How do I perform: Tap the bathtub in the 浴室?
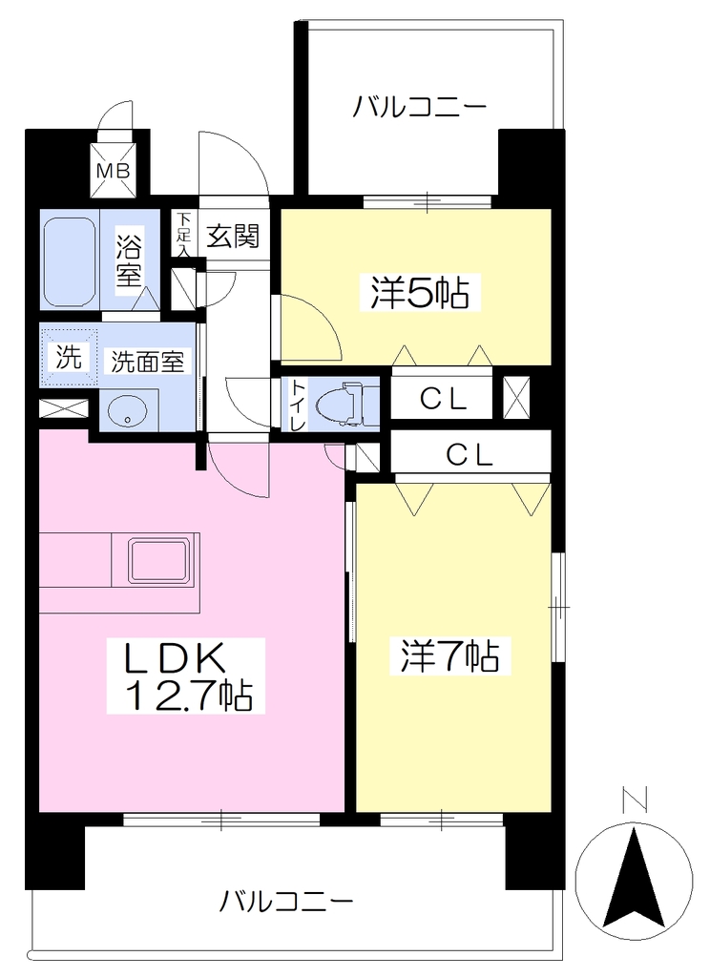pos(70,261)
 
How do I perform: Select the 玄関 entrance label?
pos(233,236)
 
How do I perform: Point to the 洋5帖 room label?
pos(420,292)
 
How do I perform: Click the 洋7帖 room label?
pos(449,655)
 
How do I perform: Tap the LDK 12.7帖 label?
pos(186,676)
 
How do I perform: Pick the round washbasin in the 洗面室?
pos(127,412)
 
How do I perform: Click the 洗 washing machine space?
pos(69,357)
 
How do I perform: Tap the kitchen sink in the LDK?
pos(158,559)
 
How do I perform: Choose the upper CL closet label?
pos(443,400)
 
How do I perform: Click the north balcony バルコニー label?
pos(420,107)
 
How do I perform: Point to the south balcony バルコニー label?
pos(286,902)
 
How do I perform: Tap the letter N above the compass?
pos(634,800)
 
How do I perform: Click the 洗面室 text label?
pos(148,361)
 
